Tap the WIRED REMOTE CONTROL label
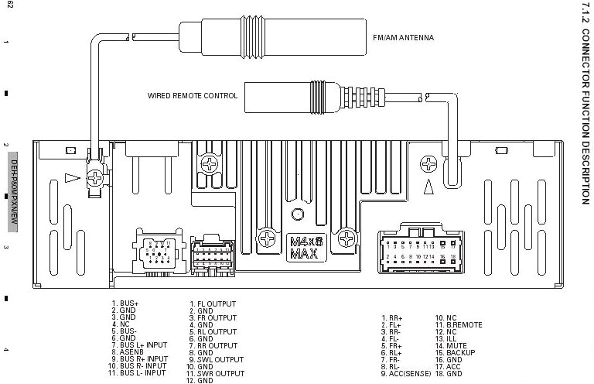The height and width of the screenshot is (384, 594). click(x=193, y=97)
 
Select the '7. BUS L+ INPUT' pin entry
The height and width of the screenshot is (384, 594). click(x=138, y=345)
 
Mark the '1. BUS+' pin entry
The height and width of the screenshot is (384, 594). click(x=125, y=303)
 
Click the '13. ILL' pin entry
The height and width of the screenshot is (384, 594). click(x=448, y=339)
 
